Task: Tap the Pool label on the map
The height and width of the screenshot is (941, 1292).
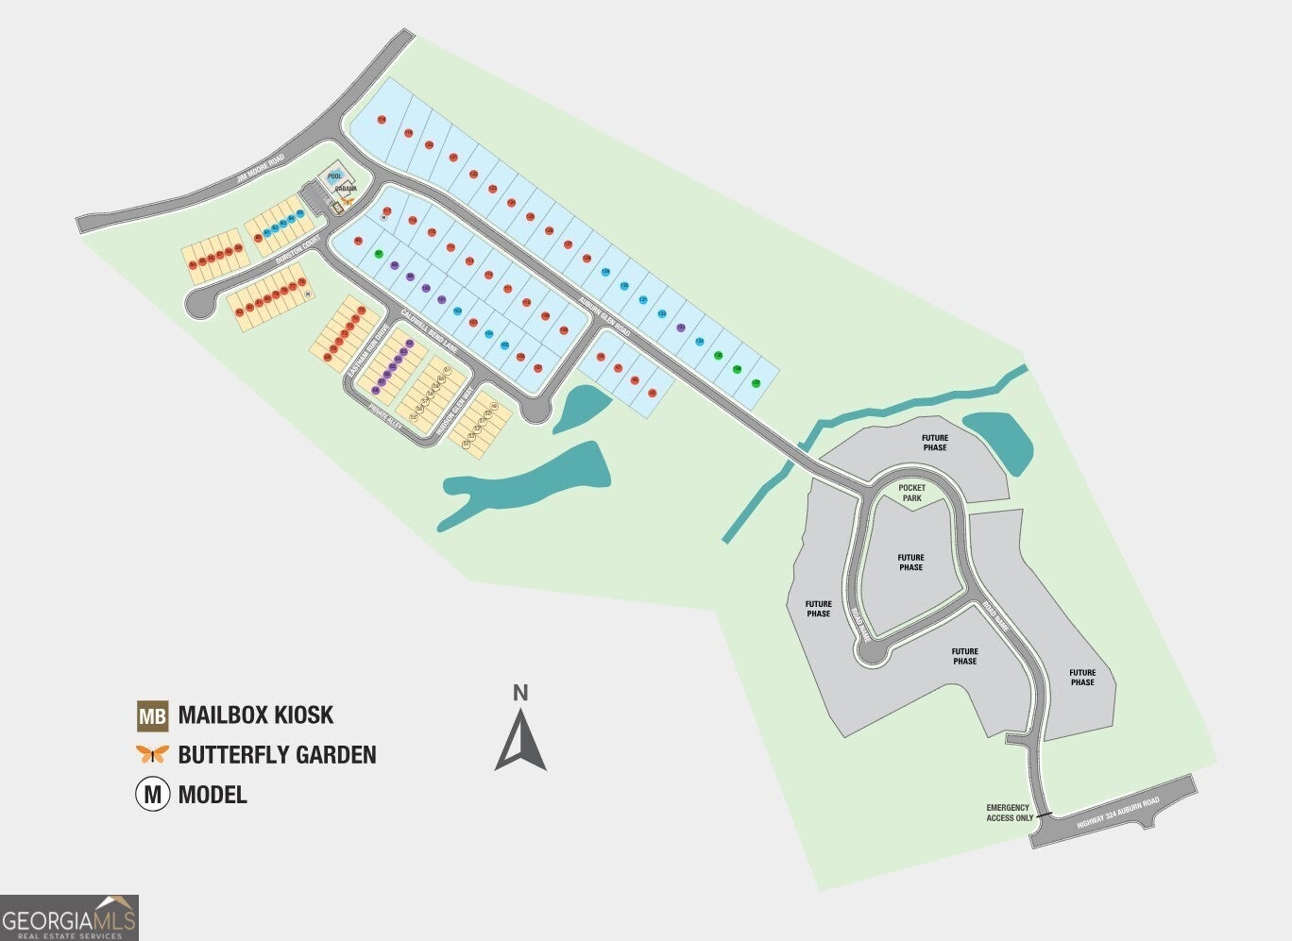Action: [334, 176]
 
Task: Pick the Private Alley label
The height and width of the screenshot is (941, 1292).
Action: [385, 419]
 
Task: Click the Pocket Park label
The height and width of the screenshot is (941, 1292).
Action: [911, 492]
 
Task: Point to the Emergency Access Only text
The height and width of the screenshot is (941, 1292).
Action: [1009, 813]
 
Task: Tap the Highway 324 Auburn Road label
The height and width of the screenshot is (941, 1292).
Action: [1117, 815]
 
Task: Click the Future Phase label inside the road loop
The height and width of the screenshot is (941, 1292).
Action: [910, 563]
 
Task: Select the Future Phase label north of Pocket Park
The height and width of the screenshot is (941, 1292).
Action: [935, 443]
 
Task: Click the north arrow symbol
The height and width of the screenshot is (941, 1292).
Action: [520, 741]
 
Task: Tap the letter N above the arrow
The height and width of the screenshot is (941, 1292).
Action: [519, 693]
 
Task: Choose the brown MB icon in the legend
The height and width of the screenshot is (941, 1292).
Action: [152, 715]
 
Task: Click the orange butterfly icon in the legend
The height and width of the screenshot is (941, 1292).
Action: [152, 754]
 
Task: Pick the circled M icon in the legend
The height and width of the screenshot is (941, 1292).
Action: [152, 794]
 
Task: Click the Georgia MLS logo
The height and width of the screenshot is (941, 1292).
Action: [69, 917]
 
